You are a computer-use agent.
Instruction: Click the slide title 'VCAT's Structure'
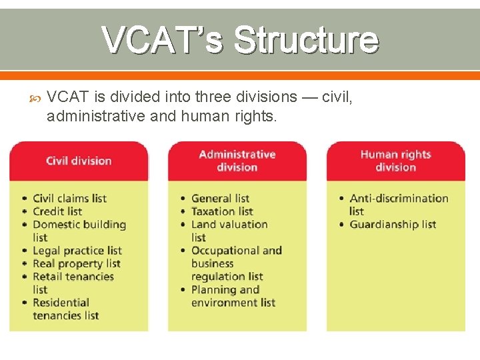coord(240,40)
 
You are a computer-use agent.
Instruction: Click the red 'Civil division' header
coord(79,161)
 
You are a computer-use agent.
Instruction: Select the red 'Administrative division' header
coord(237,161)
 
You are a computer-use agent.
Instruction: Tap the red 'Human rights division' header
coord(395,161)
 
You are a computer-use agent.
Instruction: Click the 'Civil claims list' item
coord(69,198)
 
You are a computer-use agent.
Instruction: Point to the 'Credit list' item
coord(57,211)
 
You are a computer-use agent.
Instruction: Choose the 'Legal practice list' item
coord(77,251)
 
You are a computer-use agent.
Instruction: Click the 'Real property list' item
coord(76,263)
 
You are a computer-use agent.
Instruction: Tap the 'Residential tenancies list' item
coord(65,309)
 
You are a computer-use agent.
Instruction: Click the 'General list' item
coord(220,198)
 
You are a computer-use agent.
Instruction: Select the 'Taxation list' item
coord(222,211)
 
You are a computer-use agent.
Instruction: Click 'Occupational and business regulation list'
coord(236,263)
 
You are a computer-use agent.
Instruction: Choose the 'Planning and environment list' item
coord(233,296)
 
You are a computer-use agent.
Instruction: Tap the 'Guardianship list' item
coord(393,224)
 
